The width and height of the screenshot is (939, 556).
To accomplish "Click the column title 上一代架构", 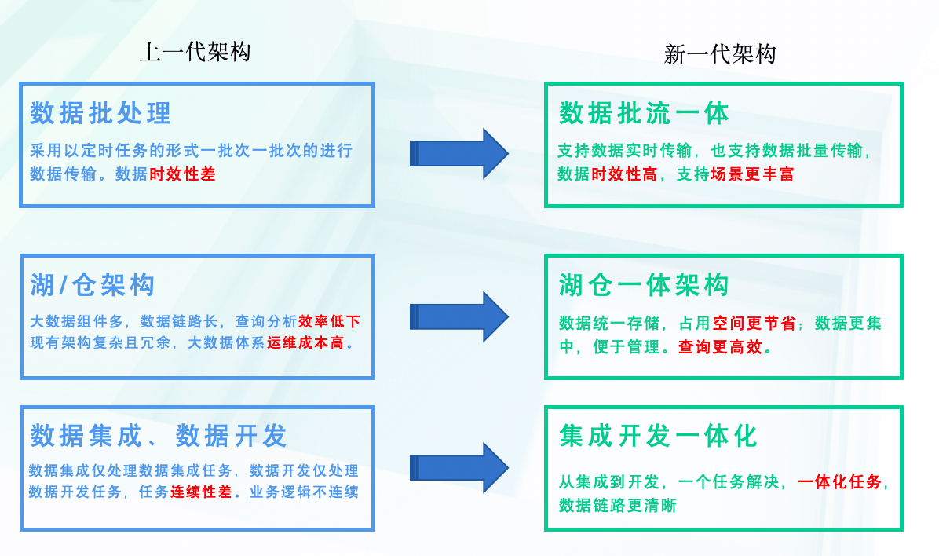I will (195, 53).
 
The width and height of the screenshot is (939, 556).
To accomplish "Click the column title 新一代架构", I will (720, 54).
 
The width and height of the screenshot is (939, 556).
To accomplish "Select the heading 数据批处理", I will (100, 114).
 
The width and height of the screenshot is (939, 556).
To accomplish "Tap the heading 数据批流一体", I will (644, 114).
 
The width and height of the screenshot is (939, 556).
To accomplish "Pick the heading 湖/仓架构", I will (92, 285).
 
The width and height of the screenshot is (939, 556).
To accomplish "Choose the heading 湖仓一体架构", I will (644, 285).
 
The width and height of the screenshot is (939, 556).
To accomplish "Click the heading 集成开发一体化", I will (658, 436).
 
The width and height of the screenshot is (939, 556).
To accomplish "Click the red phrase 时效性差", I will (182, 174).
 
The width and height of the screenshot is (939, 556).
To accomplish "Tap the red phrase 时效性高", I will (624, 174).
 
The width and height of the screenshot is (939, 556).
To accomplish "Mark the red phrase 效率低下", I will (329, 321).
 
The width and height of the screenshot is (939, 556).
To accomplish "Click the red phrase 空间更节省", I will (754, 324).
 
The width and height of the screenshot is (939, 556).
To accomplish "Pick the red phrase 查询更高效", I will (721, 346).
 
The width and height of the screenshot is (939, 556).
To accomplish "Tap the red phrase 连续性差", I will (201, 493).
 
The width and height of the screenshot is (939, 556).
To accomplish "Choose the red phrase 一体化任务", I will (839, 482).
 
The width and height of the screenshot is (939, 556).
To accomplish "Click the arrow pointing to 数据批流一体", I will (459, 153).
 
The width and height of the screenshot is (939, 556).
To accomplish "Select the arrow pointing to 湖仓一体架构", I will (459, 316).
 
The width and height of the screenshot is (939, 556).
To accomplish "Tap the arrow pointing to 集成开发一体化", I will (459, 467).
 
